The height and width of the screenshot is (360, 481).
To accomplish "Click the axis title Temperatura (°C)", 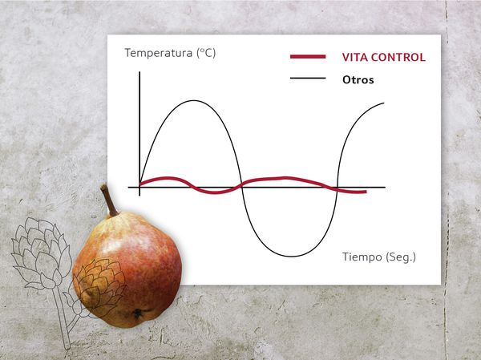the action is [170, 53].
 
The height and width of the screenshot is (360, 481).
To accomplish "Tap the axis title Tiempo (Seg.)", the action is [379, 257].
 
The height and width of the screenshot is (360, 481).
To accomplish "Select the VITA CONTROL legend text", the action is [384, 58].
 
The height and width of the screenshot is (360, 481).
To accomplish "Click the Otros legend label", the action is [358, 80].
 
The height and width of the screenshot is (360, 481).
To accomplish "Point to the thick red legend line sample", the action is [308, 56].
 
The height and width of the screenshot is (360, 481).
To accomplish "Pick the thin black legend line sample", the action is [308, 79].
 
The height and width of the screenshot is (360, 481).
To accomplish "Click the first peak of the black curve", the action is [193, 101].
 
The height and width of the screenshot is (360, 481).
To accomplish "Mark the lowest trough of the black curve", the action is [291, 256].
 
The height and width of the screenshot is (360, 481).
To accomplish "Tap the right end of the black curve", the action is [384, 103].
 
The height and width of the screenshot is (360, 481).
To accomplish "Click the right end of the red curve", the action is [366, 192].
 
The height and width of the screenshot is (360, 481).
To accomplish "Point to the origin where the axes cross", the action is [139, 187].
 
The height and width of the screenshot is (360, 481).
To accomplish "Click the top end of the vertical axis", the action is [139, 72].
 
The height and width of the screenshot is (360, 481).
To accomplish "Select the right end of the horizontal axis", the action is [385, 187].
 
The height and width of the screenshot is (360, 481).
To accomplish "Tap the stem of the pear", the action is [109, 200].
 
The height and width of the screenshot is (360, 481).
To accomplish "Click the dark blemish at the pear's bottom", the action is [137, 313].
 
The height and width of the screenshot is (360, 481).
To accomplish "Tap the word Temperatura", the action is [158, 53].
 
